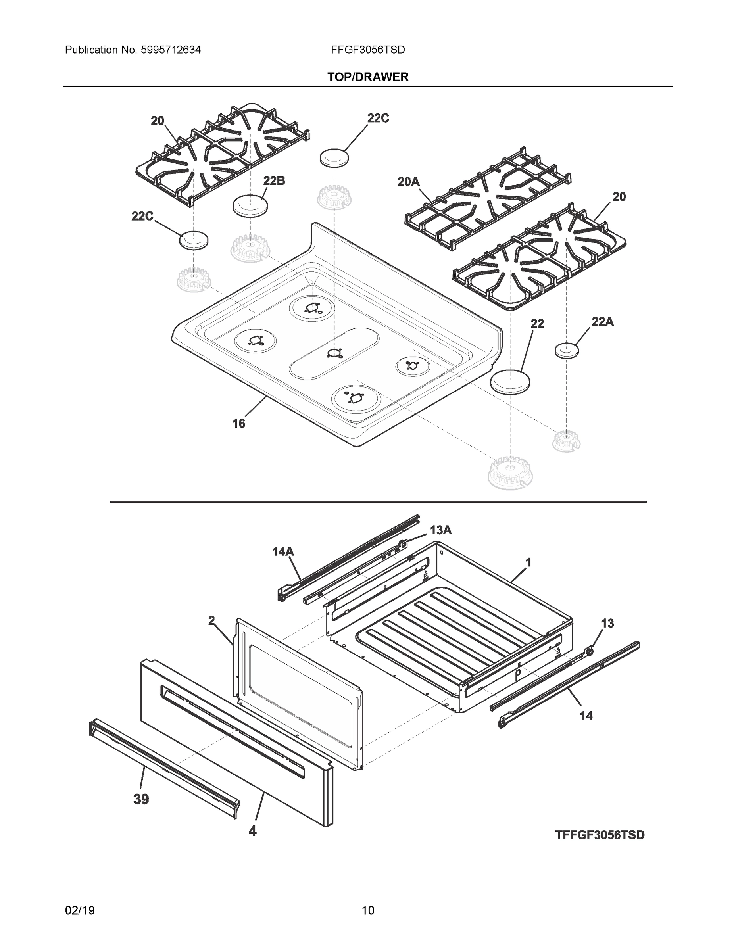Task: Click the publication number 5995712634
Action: pyautogui.click(x=171, y=50)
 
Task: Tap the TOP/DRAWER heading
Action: pyautogui.click(x=368, y=77)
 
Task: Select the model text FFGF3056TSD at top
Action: pyautogui.click(x=368, y=50)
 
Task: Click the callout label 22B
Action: pyautogui.click(x=274, y=180)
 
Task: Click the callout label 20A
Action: pyautogui.click(x=409, y=181)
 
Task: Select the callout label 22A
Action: pyautogui.click(x=603, y=321)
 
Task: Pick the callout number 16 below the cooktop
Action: pyautogui.click(x=238, y=423)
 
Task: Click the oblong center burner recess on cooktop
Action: pyautogui.click(x=334, y=353)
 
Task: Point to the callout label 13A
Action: pyautogui.click(x=440, y=530)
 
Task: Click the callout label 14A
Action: pyautogui.click(x=283, y=551)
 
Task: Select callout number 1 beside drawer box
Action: pyautogui.click(x=528, y=563)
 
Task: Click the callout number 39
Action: pyautogui.click(x=141, y=799)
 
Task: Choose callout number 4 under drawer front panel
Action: pyautogui.click(x=252, y=831)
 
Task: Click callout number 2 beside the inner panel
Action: pyautogui.click(x=211, y=620)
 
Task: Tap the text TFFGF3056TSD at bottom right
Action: pyautogui.click(x=600, y=835)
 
